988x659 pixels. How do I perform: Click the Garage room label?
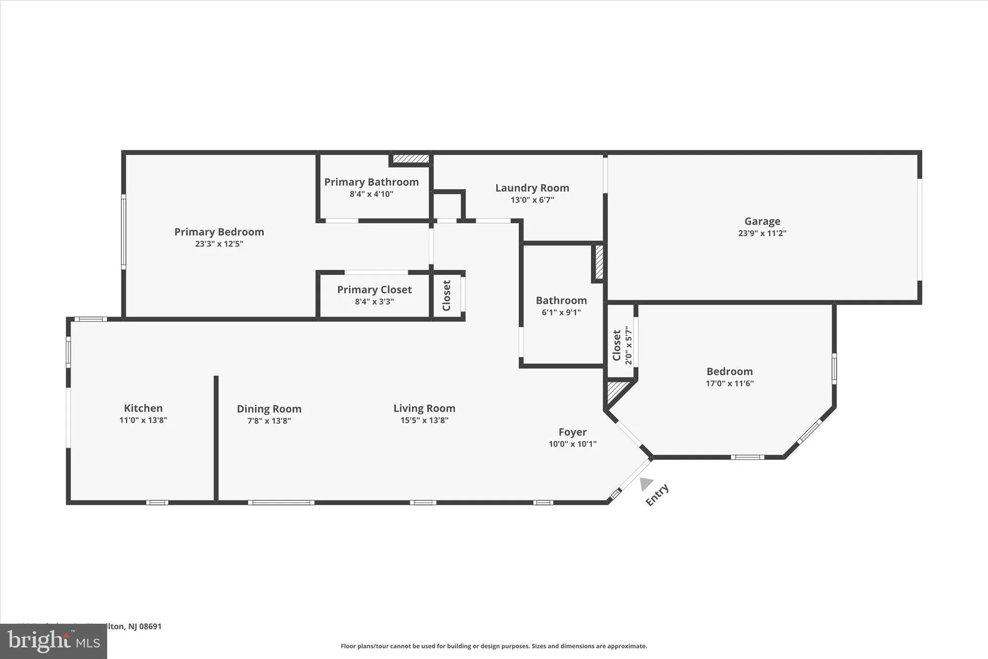(x=762, y=221)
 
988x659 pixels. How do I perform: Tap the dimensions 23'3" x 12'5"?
(x=219, y=244)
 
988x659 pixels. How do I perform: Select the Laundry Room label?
(x=532, y=188)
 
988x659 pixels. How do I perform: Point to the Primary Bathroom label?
(x=371, y=182)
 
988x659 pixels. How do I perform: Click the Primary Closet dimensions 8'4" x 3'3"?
(x=374, y=302)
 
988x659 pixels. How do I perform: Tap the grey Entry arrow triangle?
(x=645, y=483)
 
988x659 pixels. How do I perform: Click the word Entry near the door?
(x=657, y=494)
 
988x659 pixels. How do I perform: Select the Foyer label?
(x=573, y=432)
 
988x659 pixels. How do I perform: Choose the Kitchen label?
(x=143, y=408)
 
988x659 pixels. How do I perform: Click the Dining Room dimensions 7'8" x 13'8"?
(x=269, y=421)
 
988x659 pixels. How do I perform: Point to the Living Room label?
(x=424, y=408)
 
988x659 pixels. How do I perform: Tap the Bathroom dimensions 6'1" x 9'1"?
(x=561, y=312)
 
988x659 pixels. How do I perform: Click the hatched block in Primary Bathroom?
(x=411, y=159)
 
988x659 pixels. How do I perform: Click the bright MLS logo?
(x=53, y=641)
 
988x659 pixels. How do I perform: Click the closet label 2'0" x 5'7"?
(x=628, y=345)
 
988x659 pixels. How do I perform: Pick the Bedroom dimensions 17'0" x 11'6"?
(x=729, y=383)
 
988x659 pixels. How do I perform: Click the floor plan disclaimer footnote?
(x=494, y=646)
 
